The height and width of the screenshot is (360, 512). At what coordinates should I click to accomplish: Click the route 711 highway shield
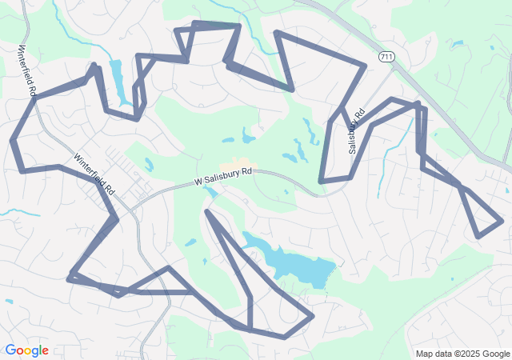(x=386, y=57)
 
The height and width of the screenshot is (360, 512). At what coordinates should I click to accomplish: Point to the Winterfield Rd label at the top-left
(x=26, y=70)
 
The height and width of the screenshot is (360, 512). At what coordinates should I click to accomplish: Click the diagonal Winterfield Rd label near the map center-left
(x=94, y=174)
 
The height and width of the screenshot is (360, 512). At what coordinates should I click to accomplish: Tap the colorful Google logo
(x=26, y=350)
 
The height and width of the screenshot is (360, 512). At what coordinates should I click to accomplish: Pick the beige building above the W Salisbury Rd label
(x=240, y=163)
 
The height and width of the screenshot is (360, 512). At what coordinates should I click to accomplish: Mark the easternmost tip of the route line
(x=502, y=219)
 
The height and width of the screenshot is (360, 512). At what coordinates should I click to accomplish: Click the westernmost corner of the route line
(x=11, y=141)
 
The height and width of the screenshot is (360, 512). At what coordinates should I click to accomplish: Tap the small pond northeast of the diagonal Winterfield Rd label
(x=149, y=165)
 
